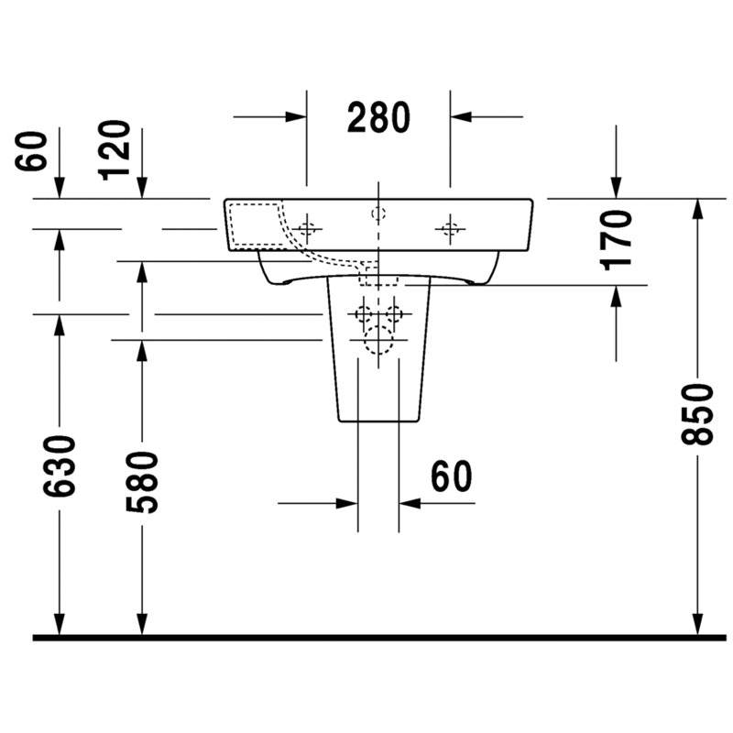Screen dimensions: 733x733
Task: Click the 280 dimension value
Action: pyautogui.click(x=378, y=117)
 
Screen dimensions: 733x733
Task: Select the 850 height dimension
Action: pyautogui.click(x=697, y=414)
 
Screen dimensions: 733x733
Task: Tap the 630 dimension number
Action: pyautogui.click(x=59, y=466)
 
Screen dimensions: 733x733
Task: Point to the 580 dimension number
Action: pyautogui.click(x=142, y=482)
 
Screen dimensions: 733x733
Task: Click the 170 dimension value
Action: pyautogui.click(x=616, y=240)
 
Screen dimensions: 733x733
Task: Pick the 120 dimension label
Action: pyautogui.click(x=114, y=150)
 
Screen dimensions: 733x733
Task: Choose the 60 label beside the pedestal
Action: pyautogui.click(x=451, y=476)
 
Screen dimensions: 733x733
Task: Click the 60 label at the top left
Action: pyautogui.click(x=31, y=151)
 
